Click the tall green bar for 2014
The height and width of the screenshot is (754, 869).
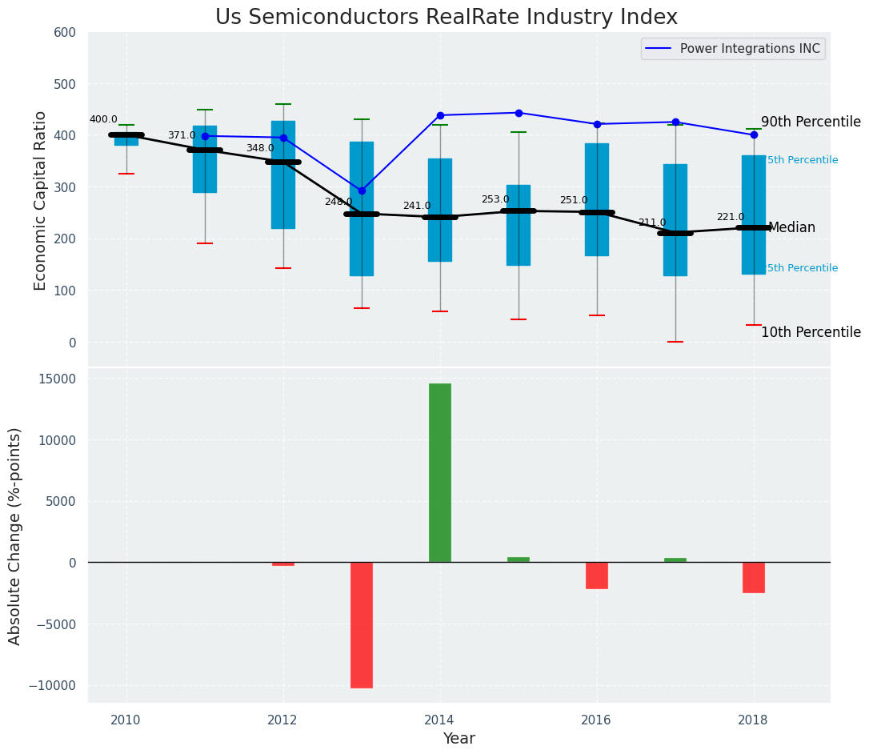click(439, 472)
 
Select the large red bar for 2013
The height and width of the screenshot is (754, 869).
click(361, 624)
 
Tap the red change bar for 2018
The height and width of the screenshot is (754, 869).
click(753, 577)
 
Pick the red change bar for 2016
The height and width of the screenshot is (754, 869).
click(596, 575)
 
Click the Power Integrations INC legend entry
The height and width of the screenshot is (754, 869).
click(749, 49)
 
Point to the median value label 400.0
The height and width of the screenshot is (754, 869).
click(103, 119)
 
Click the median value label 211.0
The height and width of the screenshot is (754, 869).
click(651, 223)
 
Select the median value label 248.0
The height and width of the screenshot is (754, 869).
click(338, 202)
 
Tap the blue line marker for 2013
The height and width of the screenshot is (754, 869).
click(362, 191)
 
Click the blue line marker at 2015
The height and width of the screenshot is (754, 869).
click(519, 113)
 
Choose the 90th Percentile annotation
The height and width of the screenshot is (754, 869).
click(811, 122)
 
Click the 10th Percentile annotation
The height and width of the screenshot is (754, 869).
click(811, 332)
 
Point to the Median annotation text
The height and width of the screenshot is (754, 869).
click(791, 228)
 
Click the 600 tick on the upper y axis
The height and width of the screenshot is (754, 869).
click(65, 33)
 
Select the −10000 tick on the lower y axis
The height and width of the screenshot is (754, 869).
click(52, 686)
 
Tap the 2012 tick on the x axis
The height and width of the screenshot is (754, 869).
click(282, 720)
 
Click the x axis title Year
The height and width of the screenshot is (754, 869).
click(459, 739)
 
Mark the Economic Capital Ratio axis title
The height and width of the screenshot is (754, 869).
click(40, 200)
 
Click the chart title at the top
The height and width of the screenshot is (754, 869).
click(447, 18)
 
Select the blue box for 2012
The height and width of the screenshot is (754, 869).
click(283, 174)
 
